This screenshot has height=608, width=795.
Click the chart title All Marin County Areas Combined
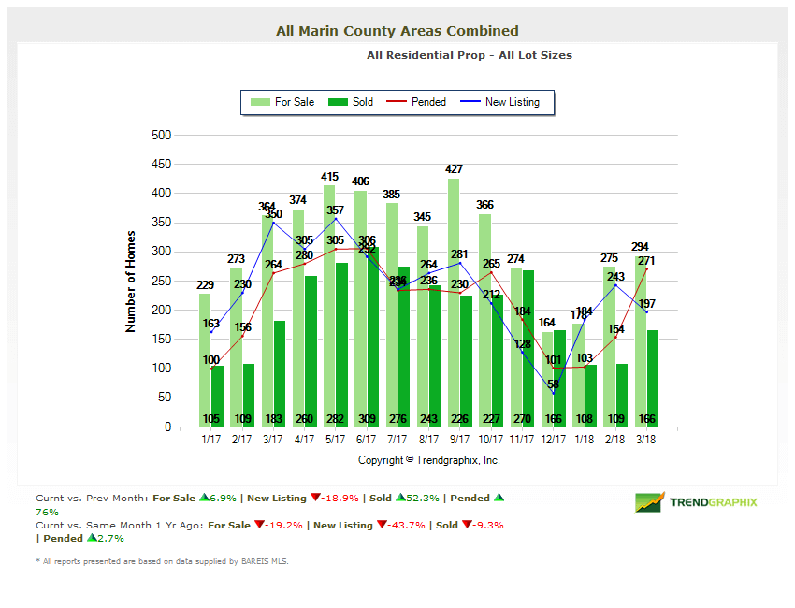pyautogui.click(x=397, y=31)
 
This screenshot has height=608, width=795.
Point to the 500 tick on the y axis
pyautogui.click(x=161, y=135)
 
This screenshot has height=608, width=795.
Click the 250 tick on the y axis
pyautogui.click(x=161, y=281)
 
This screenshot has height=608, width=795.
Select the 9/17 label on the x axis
pyautogui.click(x=459, y=438)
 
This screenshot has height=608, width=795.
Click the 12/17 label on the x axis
pyautogui.click(x=553, y=438)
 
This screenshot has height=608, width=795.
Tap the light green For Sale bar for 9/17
pyautogui.click(x=454, y=309)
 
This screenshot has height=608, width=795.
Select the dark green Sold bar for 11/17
pyautogui.click(x=528, y=341)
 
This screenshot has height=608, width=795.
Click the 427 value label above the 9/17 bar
pyautogui.click(x=455, y=169)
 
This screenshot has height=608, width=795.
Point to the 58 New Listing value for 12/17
pyautogui.click(x=554, y=384)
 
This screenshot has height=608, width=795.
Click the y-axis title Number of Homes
pyautogui.click(x=131, y=281)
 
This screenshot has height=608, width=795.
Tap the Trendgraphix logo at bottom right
pyautogui.click(x=697, y=502)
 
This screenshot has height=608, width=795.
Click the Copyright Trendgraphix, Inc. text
pyautogui.click(x=428, y=460)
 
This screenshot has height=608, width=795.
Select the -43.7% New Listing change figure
pyautogui.click(x=396, y=525)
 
